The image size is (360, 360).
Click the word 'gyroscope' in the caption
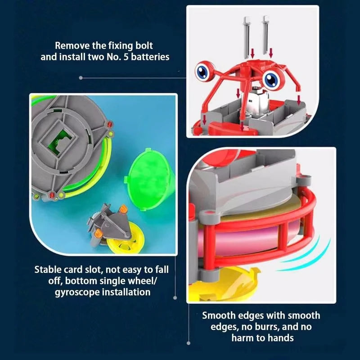tap(76, 292)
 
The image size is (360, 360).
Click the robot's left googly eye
tap(203, 71)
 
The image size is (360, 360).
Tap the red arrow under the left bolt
tap(252, 54)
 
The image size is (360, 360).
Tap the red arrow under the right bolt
tap(271, 53)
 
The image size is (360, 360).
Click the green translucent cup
tap(148, 179)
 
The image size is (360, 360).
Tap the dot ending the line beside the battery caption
tap(81, 78)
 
